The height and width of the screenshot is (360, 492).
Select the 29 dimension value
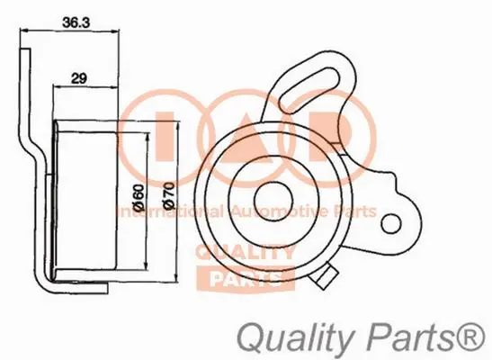[x=78, y=79]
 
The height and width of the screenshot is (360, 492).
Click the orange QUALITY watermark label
[x=246, y=253]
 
